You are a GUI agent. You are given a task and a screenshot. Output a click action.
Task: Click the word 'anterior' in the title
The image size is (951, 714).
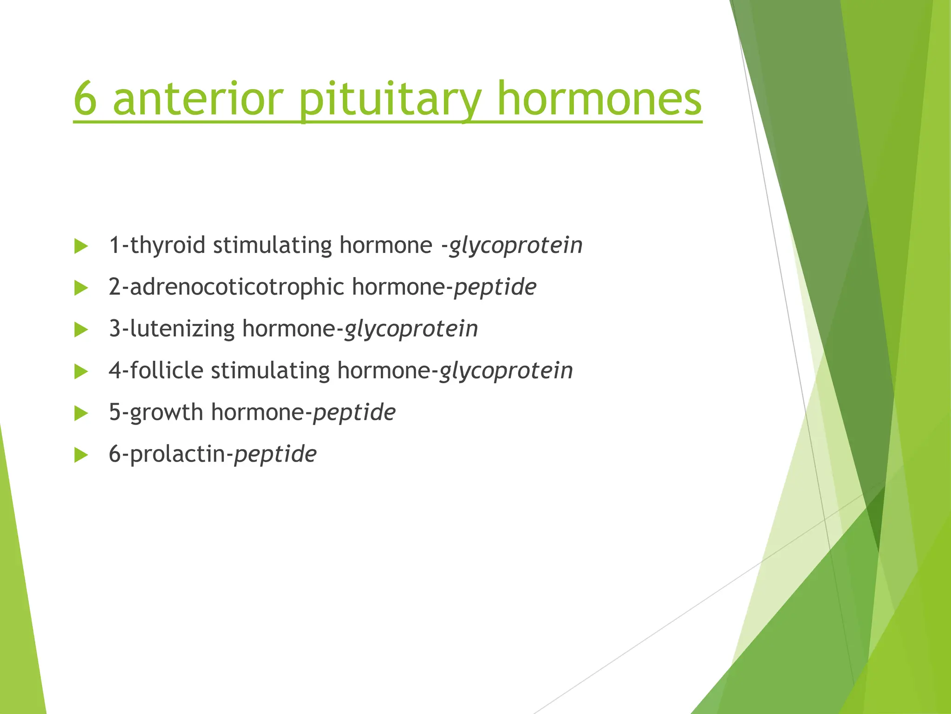point(198,99)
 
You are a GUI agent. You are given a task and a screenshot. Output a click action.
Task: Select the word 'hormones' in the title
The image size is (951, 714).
point(599,99)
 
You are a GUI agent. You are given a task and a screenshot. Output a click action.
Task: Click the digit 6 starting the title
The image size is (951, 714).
point(85,99)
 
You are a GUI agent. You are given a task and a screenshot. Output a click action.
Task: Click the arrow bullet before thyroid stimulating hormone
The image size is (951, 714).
point(81,246)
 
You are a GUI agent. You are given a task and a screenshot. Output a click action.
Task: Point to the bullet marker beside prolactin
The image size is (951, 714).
point(81,455)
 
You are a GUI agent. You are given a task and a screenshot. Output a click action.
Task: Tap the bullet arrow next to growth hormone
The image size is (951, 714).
point(81,413)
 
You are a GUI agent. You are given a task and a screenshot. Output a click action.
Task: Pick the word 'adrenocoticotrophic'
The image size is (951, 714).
point(237,287)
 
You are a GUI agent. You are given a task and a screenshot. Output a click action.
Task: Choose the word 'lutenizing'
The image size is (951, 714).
point(182,329)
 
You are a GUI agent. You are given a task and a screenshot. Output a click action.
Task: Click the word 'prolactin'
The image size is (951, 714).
point(177,455)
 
